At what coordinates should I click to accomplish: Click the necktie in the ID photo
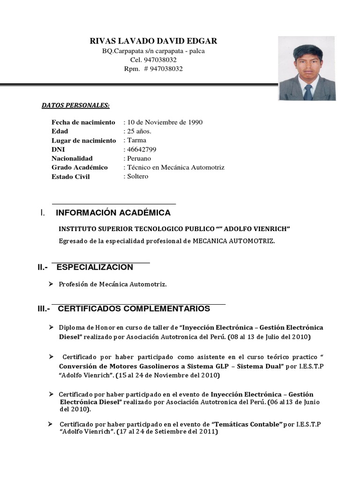308,91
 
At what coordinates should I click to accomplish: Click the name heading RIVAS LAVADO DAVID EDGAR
153,41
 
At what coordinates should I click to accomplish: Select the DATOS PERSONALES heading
75,106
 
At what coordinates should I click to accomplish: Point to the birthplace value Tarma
136,140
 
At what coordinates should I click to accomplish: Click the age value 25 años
138,131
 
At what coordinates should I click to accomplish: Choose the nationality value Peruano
138,158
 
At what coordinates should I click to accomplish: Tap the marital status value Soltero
137,176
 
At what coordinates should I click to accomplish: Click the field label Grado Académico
80,167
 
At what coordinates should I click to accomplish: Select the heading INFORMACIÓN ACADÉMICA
113,213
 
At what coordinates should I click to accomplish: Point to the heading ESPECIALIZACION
95,268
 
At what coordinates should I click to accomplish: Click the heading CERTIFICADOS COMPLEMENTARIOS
134,309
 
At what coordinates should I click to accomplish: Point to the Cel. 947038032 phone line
153,60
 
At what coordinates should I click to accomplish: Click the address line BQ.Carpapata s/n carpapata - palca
153,51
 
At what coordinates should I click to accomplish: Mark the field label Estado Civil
70,177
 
